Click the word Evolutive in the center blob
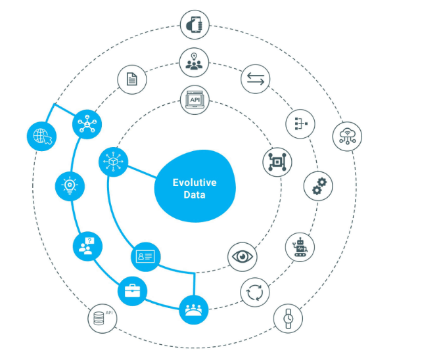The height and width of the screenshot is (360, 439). tap(195, 183)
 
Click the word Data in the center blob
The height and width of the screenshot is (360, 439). tap(195, 196)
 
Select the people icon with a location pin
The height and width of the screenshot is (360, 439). tap(194, 62)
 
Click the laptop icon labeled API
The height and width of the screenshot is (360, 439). tap(194, 101)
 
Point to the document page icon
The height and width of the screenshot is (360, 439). tap(132, 80)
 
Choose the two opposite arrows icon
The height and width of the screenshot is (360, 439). tap(255, 80)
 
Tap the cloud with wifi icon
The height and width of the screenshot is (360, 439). tap(347, 137)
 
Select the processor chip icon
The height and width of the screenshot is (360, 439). tap(277, 162)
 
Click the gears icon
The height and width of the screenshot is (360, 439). tap(318, 187)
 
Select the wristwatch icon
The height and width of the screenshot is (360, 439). tap(288, 319)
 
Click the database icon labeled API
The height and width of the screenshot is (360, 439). tap(102, 319)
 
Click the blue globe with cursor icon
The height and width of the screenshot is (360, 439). tap(41, 137)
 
